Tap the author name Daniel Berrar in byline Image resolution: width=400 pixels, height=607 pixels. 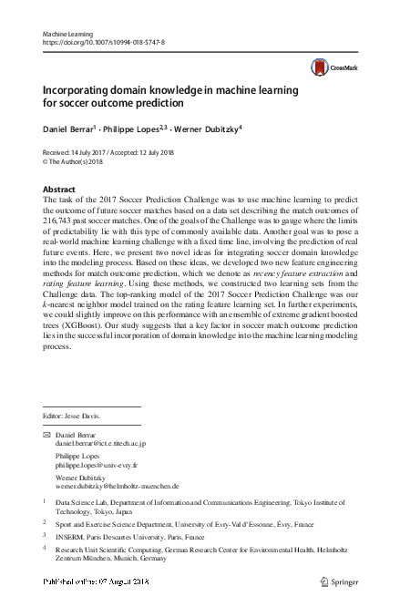tap(69, 129)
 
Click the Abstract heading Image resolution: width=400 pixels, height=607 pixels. tap(60, 188)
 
